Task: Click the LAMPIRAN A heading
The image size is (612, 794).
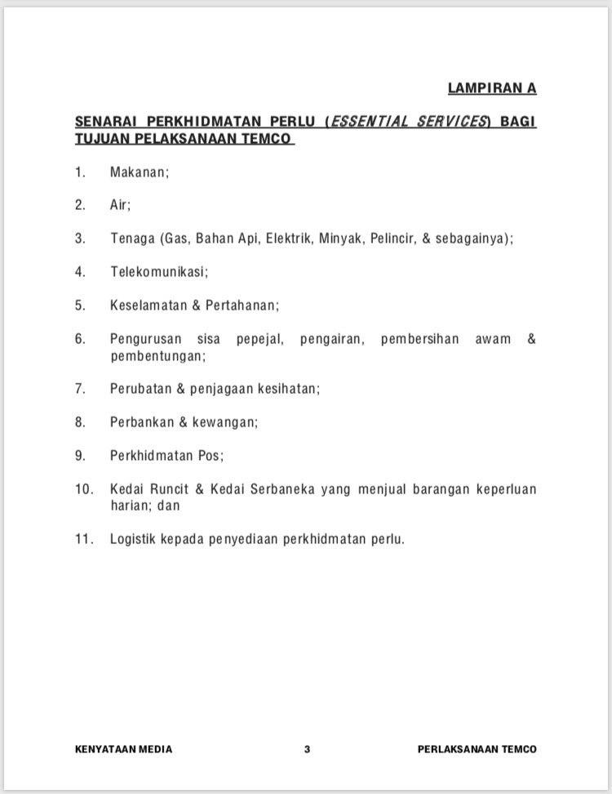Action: pyautogui.click(x=491, y=88)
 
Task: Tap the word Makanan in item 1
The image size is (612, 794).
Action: pyautogui.click(x=139, y=172)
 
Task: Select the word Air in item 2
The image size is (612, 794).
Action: pyautogui.click(x=120, y=206)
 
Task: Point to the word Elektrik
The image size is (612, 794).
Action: pyautogui.click(x=290, y=239)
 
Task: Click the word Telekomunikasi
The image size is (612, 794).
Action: pyautogui.click(x=159, y=271)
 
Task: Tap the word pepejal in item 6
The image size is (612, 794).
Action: pyautogui.click(x=259, y=339)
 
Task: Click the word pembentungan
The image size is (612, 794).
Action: pyautogui.click(x=157, y=356)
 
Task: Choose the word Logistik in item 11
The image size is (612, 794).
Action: pyautogui.click(x=133, y=539)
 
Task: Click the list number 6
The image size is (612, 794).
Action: pyautogui.click(x=80, y=339)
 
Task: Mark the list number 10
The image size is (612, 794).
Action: pyautogui.click(x=83, y=489)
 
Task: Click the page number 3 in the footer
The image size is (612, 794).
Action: pyautogui.click(x=307, y=749)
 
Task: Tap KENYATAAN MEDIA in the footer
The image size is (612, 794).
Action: pyautogui.click(x=123, y=749)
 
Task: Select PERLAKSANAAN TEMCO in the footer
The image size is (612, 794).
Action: pyautogui.click(x=477, y=749)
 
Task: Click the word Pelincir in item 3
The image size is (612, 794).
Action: pyautogui.click(x=393, y=239)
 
